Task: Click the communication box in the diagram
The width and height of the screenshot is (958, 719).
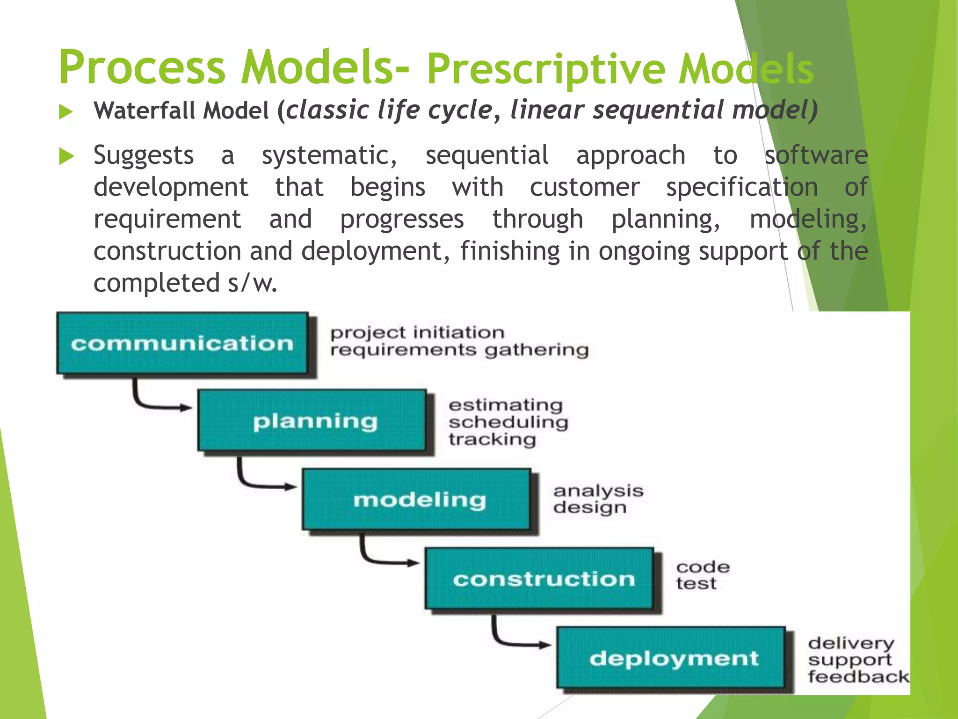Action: (182, 343)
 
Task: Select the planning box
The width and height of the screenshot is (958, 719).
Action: (312, 421)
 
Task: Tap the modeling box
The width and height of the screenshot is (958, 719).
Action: (417, 499)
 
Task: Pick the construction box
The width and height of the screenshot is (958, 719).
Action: (540, 579)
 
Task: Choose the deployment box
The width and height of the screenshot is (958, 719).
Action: (671, 658)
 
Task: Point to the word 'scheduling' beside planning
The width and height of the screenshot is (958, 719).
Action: (508, 422)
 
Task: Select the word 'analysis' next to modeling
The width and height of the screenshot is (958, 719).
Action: (598, 491)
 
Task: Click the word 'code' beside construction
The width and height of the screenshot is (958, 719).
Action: (703, 567)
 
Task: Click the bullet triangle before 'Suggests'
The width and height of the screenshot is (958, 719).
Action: (66, 156)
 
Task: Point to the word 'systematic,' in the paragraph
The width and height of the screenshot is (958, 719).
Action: (329, 155)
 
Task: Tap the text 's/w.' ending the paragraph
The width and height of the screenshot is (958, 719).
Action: (253, 283)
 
